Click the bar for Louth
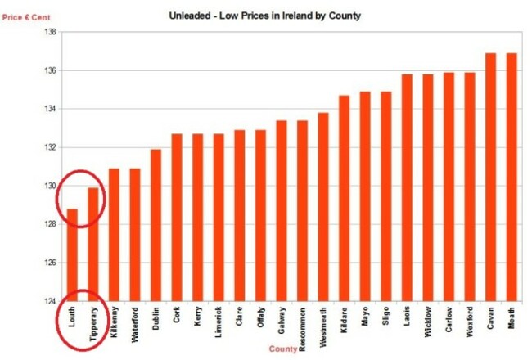coord(72,254)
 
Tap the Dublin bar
coord(156,225)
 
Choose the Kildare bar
coord(345,198)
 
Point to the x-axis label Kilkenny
coord(115,320)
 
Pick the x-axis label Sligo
coord(386,315)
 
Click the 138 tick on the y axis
coord(48,32)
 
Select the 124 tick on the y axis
coord(48,301)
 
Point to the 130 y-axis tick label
coord(48,186)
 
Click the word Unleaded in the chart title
coord(189,16)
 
